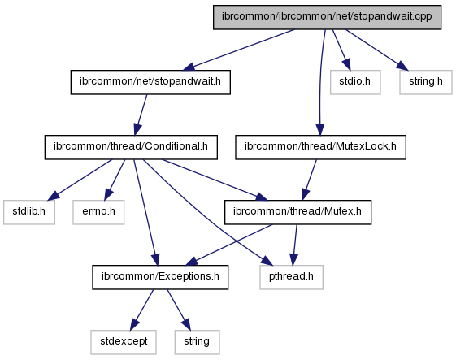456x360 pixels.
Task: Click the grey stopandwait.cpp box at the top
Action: pyautogui.click(x=328, y=17)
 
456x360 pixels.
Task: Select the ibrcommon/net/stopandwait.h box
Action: pyautogui.click(x=150, y=82)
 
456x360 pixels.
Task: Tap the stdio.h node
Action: pyautogui.click(x=355, y=82)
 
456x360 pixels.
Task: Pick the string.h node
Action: pyautogui.click(x=426, y=82)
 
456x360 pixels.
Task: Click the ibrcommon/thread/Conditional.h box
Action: pyautogui.click(x=131, y=147)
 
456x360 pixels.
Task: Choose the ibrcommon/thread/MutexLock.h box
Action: pyautogui.click(x=320, y=147)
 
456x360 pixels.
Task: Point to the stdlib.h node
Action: pyautogui.click(x=29, y=212)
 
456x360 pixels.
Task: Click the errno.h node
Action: pyautogui.click(x=98, y=212)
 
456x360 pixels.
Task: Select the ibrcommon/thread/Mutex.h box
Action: pyautogui.click(x=297, y=212)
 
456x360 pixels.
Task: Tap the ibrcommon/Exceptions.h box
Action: pyautogui.click(x=160, y=277)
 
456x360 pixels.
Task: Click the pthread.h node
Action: pyautogui.click(x=291, y=277)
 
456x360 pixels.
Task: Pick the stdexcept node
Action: pyautogui.click(x=124, y=342)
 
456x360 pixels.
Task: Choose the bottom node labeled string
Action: pyautogui.click(x=197, y=342)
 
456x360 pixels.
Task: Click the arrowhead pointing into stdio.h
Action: pyautogui.click(x=346, y=64)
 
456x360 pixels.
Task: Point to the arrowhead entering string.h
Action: pyautogui.click(x=403, y=66)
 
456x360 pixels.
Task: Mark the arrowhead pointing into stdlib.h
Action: pyautogui.click(x=54, y=196)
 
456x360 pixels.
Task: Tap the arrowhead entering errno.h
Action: pyautogui.click(x=108, y=194)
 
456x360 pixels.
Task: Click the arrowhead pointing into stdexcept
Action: pyautogui.click(x=134, y=324)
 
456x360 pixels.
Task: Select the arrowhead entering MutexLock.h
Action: pyautogui.click(x=320, y=129)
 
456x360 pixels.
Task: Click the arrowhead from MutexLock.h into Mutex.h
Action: pyautogui.click(x=306, y=194)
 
